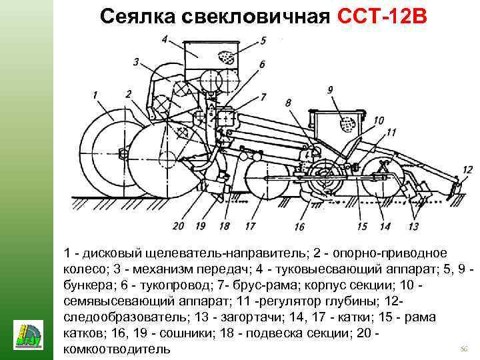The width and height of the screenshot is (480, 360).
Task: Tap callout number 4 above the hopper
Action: click(164, 39)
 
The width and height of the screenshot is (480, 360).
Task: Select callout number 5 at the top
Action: click(263, 41)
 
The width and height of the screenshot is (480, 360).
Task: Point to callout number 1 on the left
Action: click(96, 94)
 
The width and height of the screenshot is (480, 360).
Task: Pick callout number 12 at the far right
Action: click(467, 170)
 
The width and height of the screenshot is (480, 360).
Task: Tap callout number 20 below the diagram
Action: click(178, 226)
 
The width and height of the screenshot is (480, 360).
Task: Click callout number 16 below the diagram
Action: click(299, 227)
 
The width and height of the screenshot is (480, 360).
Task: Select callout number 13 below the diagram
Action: click(413, 227)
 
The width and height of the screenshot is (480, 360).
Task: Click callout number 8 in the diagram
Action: click(288, 102)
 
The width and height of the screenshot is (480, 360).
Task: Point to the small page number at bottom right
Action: click(464, 349)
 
